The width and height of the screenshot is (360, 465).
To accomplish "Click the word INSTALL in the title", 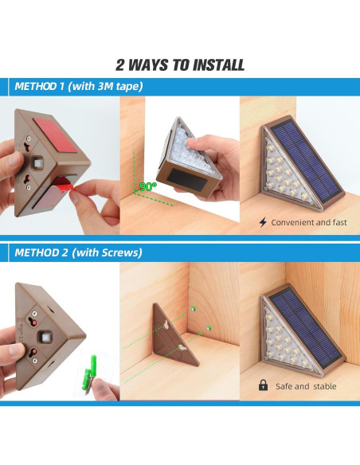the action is point(219,65).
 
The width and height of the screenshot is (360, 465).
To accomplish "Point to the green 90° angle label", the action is point(147,186).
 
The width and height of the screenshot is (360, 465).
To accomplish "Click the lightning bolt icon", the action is point(263,222).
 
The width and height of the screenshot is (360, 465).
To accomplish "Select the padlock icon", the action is point(263,385).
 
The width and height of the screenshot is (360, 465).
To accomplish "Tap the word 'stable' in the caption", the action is point(325,386).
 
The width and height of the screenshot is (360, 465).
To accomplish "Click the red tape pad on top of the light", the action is point(56,135).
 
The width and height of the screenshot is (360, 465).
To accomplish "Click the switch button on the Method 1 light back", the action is point(38,162).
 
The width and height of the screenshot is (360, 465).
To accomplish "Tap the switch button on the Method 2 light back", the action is point(45,337).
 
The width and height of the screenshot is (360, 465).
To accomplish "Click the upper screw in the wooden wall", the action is point(194,309).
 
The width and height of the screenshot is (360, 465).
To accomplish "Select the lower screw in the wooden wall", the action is point(209,328).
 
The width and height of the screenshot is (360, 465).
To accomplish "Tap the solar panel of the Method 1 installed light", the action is point(305,159).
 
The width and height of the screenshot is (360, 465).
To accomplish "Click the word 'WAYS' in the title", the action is point(149,65).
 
